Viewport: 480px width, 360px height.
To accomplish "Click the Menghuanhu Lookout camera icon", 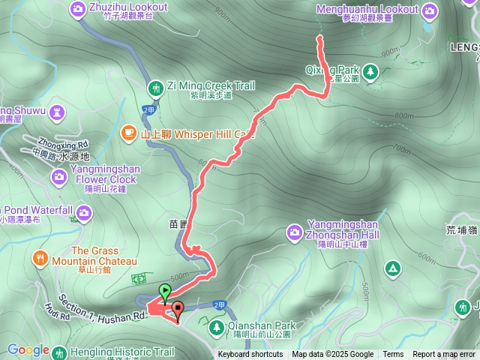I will point(429,10).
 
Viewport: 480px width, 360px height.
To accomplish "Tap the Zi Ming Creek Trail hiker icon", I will point(155,87).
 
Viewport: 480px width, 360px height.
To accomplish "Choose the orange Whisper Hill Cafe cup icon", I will point(129,133).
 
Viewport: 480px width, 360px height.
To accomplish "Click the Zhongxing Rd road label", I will point(61,143).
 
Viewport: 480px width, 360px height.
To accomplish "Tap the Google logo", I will point(28,350).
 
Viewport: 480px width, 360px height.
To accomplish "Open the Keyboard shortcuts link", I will point(250,355).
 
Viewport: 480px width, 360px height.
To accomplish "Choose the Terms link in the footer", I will point(393,355).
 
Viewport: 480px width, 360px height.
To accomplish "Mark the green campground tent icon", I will point(392,268).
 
